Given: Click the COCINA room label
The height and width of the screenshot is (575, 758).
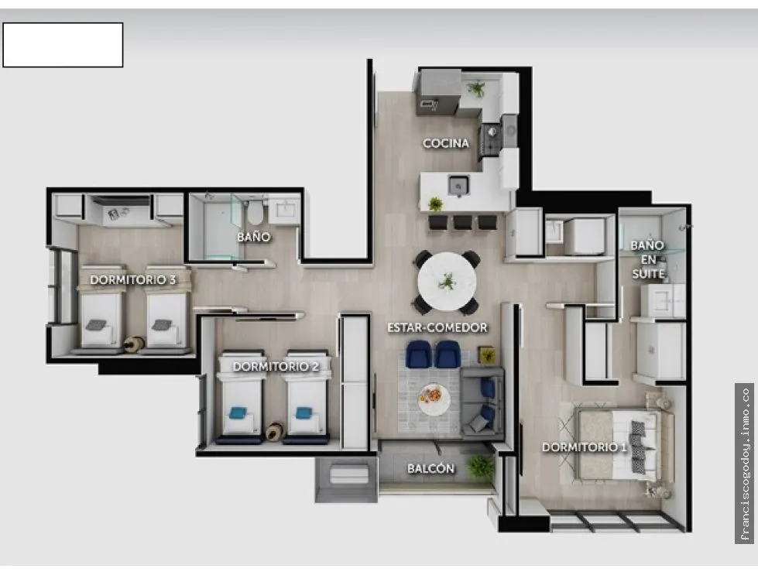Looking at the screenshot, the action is tap(446, 143).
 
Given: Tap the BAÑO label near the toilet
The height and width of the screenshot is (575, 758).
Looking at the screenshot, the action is tap(254, 237).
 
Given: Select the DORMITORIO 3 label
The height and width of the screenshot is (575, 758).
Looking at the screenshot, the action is tap(133, 280).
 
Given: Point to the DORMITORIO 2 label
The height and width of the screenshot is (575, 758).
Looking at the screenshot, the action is tap(276, 367).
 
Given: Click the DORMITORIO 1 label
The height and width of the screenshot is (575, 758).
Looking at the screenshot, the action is tap(585, 447).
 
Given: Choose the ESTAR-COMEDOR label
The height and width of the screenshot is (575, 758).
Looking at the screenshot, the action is tap(437, 327).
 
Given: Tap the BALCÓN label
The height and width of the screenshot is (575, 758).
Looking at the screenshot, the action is tap(430, 468).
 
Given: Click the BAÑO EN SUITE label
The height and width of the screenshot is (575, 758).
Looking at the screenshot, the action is tap(648, 259).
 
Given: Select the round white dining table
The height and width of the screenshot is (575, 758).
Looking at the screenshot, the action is tap(447, 282).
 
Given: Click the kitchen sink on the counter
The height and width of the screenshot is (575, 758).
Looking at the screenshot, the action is tap(458, 186).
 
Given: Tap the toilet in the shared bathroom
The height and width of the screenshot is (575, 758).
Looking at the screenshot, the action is tap(256, 212).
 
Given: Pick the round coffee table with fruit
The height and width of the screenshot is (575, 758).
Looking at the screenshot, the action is tap(434, 399).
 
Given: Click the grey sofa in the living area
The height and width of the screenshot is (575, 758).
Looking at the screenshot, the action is tap(482, 402).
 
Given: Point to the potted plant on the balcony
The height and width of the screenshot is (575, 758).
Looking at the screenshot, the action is tap(481, 467).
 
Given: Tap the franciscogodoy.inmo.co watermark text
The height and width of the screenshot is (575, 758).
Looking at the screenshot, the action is tap(745, 464).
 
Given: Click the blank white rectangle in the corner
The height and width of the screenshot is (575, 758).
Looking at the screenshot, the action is tap(63, 45).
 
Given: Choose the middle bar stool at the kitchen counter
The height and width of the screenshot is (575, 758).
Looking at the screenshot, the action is tap(463, 222).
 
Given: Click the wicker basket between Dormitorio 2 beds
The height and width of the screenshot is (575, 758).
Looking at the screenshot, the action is tap(275, 432).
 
